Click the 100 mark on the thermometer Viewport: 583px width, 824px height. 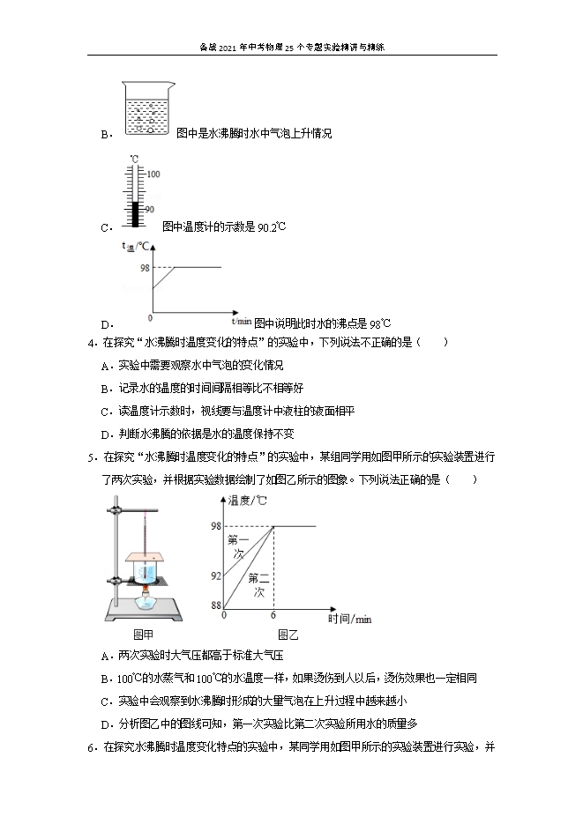153,174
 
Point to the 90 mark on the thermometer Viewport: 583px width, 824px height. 149,209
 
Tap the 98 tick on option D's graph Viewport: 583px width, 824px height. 144,266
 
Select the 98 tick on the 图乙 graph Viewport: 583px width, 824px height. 215,526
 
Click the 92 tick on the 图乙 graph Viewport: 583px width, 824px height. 215,575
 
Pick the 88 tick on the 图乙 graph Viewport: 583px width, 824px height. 215,605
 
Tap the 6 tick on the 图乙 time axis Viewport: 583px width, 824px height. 273,614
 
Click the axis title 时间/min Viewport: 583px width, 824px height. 348,619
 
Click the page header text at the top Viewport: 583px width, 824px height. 291,49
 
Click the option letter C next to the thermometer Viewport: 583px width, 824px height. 105,227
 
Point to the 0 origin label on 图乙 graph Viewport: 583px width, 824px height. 224,614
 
